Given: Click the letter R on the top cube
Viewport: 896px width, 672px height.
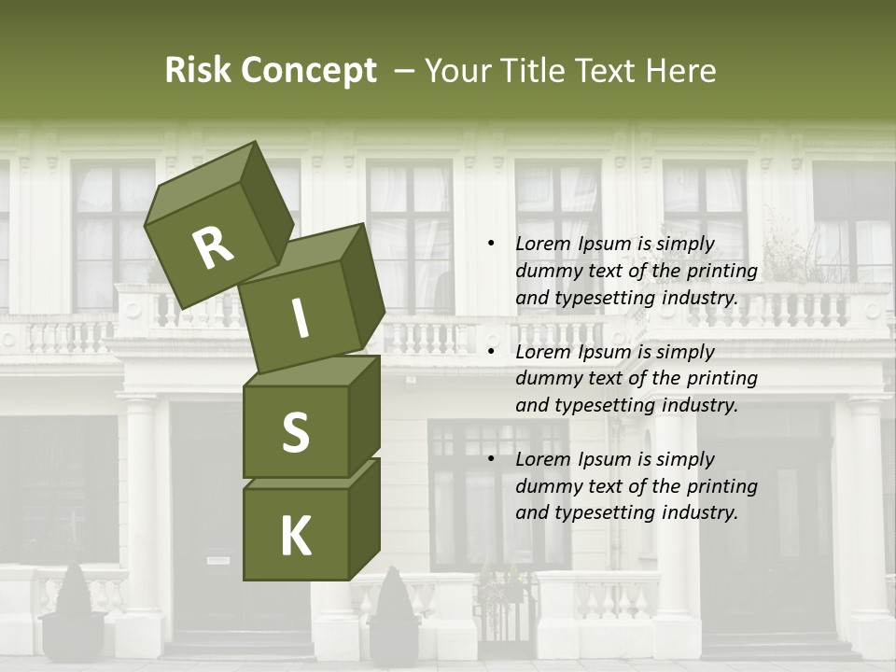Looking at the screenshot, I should pyautogui.click(x=213, y=248).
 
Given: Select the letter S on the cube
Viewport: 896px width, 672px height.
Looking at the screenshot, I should pyautogui.click(x=295, y=432).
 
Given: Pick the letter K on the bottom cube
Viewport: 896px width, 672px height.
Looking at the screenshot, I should pyautogui.click(x=295, y=537).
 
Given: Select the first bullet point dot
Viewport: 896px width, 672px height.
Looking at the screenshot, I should pyautogui.click(x=491, y=244).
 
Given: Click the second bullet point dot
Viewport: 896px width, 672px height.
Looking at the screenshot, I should pyautogui.click(x=491, y=352).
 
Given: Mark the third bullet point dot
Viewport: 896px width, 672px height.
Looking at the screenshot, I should pyautogui.click(x=491, y=459).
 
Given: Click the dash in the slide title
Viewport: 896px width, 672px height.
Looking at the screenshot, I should pyautogui.click(x=405, y=71).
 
